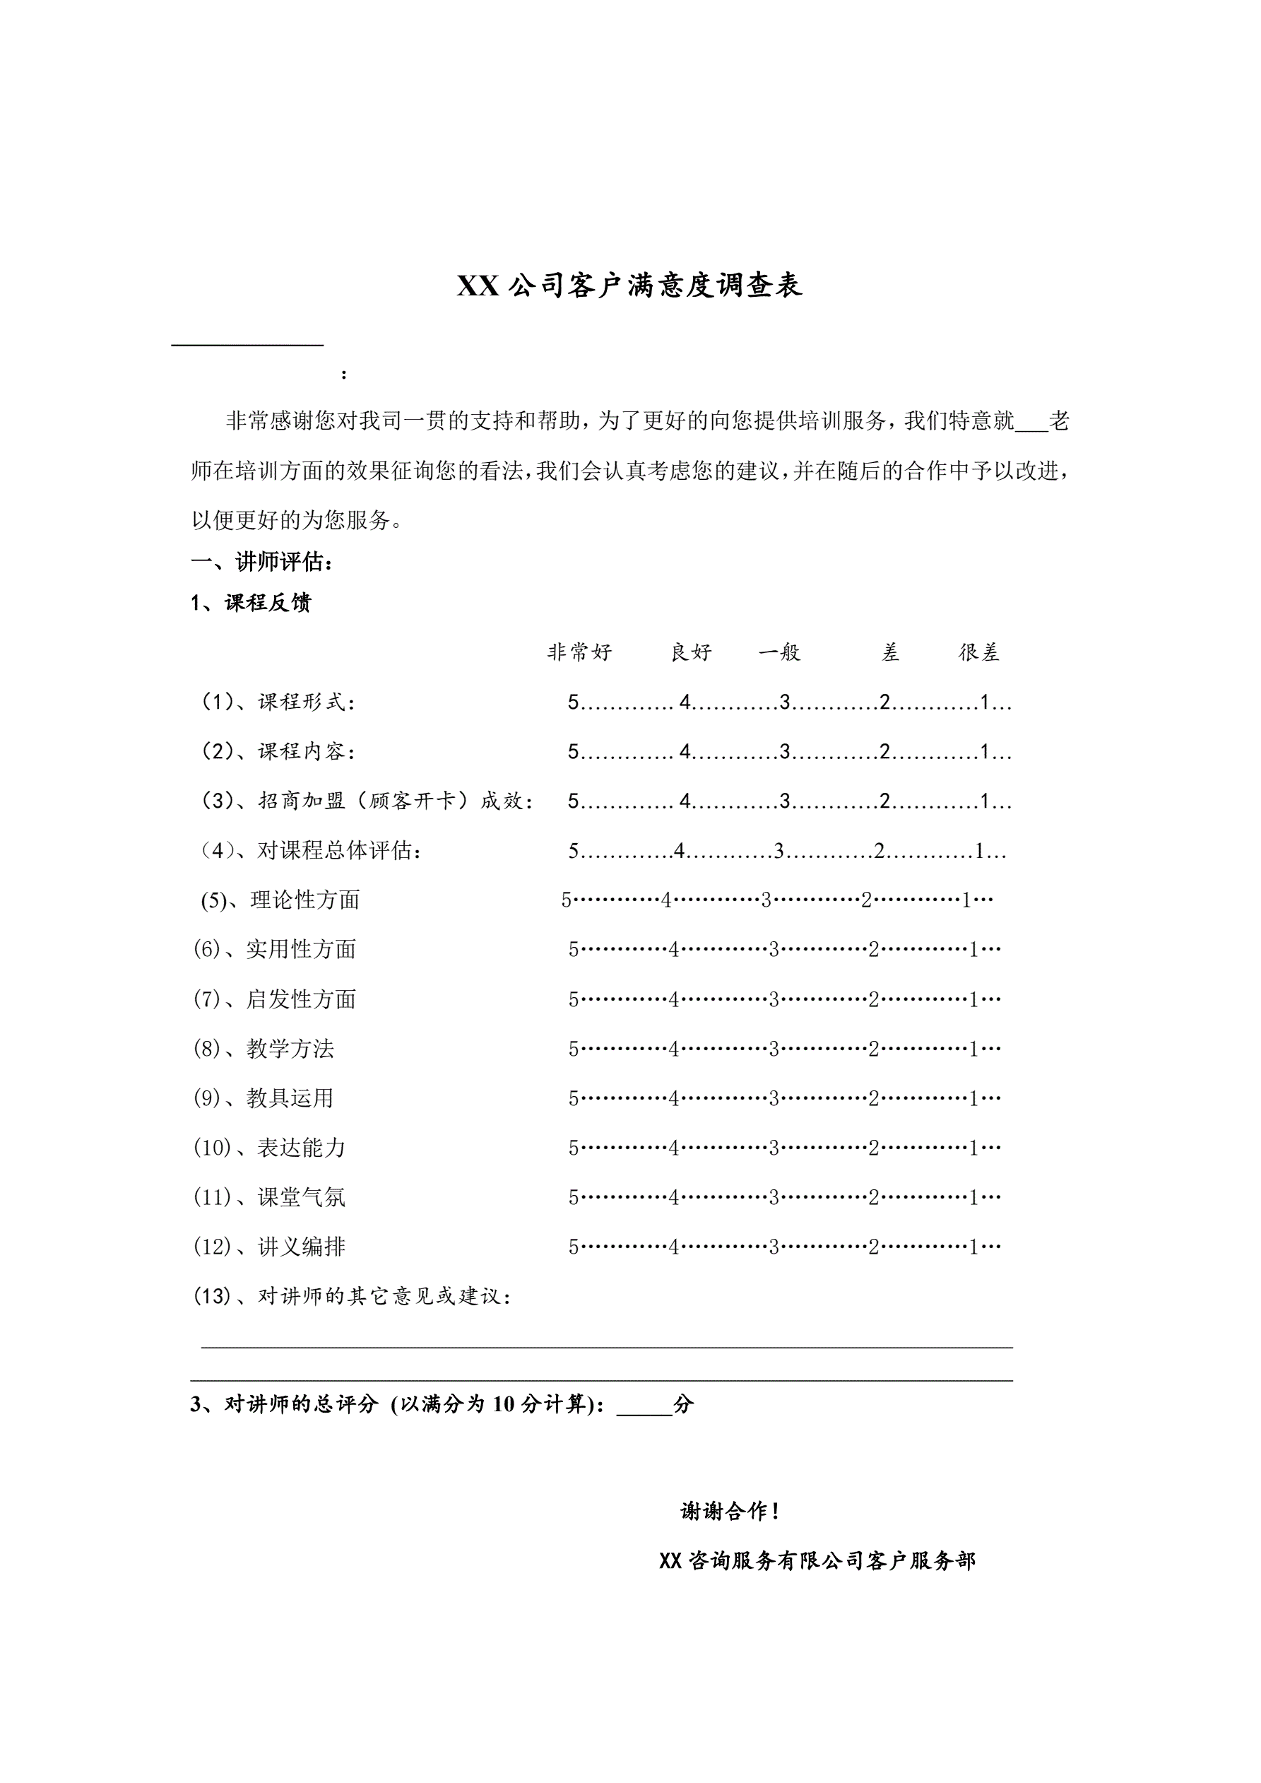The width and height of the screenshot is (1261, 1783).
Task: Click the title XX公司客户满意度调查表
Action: tap(629, 286)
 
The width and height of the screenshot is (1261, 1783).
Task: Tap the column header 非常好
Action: tap(579, 652)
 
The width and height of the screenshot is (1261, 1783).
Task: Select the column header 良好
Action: tap(691, 652)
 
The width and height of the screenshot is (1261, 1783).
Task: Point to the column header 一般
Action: tap(780, 652)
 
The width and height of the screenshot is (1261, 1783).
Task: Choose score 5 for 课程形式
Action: tap(573, 702)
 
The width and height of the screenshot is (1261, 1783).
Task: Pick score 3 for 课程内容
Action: tap(785, 752)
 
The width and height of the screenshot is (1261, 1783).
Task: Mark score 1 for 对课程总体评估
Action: tap(980, 851)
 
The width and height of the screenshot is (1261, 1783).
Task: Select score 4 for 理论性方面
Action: tap(666, 901)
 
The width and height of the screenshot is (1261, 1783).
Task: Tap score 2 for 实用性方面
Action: tap(874, 950)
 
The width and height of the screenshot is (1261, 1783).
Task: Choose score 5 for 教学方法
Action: tap(573, 1049)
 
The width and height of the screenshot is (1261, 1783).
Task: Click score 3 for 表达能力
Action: tap(774, 1148)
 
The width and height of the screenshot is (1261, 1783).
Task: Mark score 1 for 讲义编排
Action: tap(973, 1247)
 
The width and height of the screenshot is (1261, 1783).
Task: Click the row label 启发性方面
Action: tap(300, 999)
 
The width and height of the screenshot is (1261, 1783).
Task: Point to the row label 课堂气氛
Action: tap(301, 1197)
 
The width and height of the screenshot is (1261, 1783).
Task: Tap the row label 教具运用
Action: tap(290, 1098)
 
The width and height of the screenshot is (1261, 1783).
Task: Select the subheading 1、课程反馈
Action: tap(251, 603)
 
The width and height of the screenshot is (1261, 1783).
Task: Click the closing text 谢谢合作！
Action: tap(730, 1510)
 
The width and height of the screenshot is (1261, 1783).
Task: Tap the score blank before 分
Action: tap(644, 1404)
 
